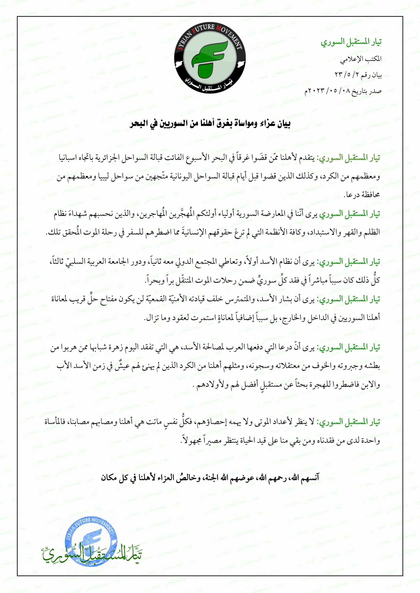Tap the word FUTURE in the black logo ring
click(x=204, y=29)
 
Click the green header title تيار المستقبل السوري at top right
click(x=351, y=42)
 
